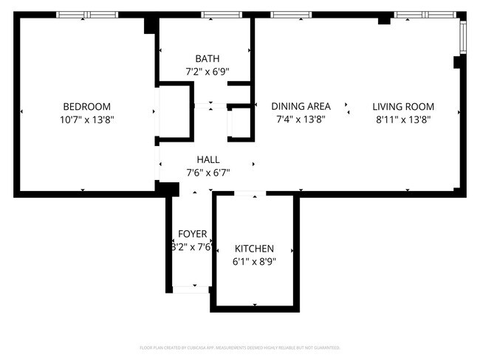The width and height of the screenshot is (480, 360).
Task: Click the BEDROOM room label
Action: click(86, 106)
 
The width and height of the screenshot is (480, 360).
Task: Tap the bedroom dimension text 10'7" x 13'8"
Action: click(86, 119)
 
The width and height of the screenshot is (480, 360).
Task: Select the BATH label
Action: click(207, 59)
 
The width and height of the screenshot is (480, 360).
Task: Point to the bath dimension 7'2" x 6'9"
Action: click(207, 72)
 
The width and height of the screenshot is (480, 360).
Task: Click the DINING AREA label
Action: click(301, 106)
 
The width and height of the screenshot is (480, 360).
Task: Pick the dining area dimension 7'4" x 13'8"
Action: click(301, 119)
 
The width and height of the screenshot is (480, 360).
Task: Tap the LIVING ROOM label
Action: click(403, 106)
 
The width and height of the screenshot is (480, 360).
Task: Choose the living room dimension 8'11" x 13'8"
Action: click(403, 119)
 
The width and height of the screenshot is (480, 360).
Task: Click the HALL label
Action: click(208, 159)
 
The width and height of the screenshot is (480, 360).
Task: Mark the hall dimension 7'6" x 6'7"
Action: click(208, 173)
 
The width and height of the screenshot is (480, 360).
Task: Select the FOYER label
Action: click(192, 235)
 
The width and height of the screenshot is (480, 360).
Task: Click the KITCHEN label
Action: click(254, 249)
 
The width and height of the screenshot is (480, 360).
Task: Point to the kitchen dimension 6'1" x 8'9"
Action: click(254, 261)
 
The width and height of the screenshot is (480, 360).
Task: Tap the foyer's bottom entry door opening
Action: click(191, 289)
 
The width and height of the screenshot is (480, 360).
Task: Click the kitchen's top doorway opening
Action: click(250, 193)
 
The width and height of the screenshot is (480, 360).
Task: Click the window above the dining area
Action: click(291, 15)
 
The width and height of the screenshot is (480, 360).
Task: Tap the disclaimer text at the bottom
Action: click(239, 347)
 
